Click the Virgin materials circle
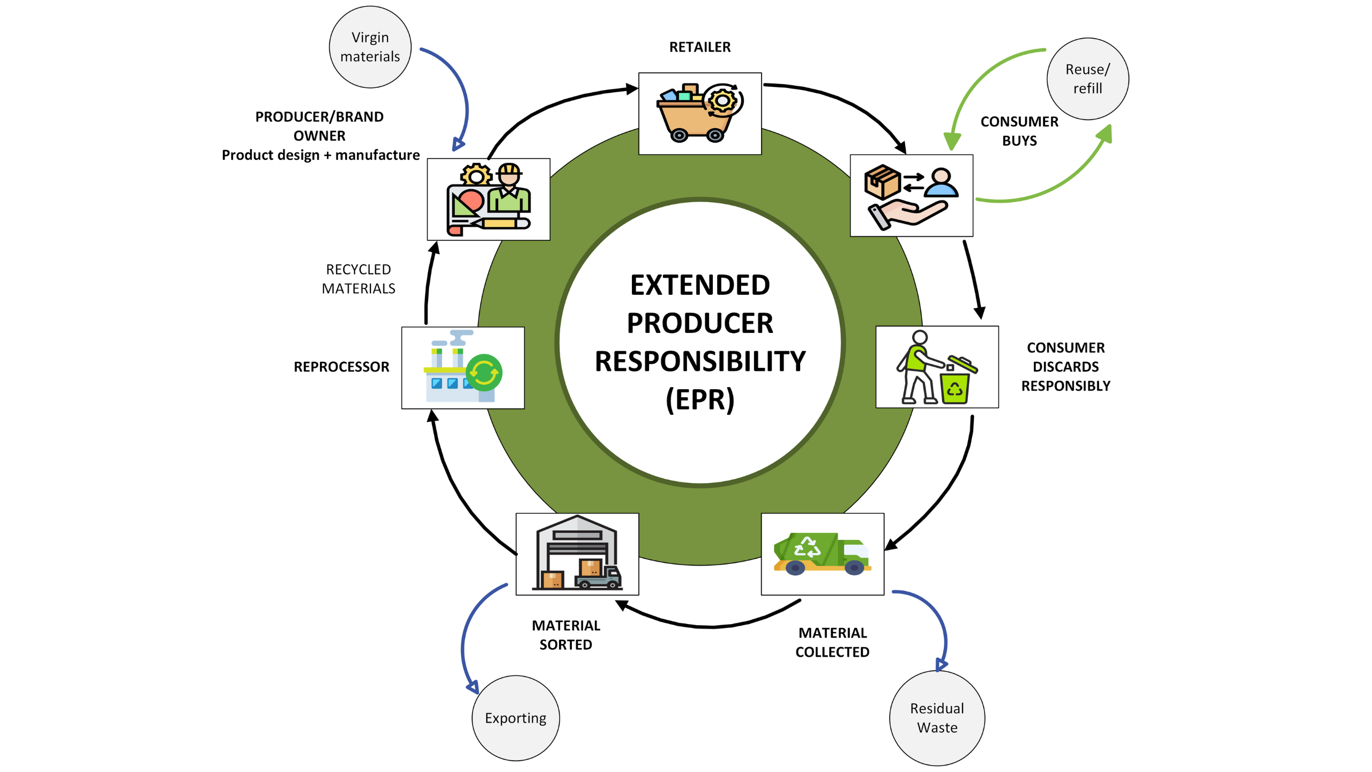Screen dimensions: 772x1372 click(370, 47)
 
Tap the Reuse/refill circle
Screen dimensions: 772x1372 click(1087, 79)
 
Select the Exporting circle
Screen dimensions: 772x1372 click(516, 717)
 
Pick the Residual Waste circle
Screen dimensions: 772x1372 click(937, 717)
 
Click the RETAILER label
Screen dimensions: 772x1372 click(699, 47)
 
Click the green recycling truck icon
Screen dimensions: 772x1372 click(822, 554)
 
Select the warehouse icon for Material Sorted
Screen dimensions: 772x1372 click(577, 554)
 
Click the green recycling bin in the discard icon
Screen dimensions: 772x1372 click(955, 387)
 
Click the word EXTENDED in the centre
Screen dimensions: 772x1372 click(699, 285)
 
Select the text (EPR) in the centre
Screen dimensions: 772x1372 click(699, 400)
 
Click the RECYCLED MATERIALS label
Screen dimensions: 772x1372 click(358, 279)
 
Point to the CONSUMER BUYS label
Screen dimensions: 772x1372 click(1019, 131)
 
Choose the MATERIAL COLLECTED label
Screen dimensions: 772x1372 click(832, 642)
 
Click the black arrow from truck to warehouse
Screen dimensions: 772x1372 click(707, 625)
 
